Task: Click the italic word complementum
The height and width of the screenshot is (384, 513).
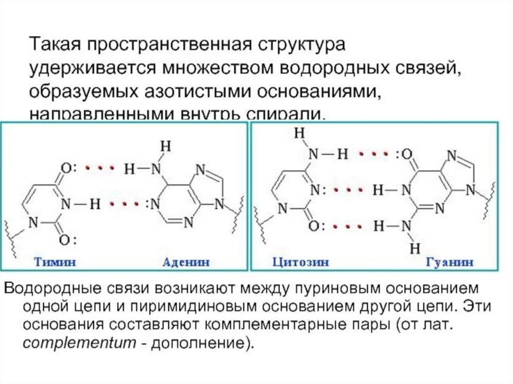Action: [87, 344]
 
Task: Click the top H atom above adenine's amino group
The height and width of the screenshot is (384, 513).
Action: [165, 146]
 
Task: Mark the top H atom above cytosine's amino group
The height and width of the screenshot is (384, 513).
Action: [300, 134]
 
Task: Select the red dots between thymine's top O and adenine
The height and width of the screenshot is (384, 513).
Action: [98, 168]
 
